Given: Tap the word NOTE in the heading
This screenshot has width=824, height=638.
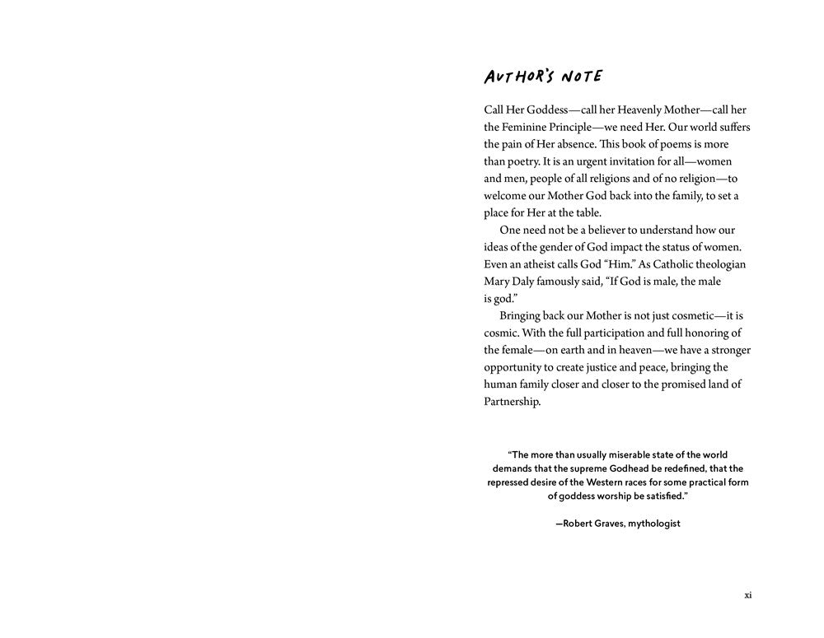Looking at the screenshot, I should pyautogui.click(x=582, y=77).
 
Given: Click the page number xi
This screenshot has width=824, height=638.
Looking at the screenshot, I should pyautogui.click(x=747, y=595).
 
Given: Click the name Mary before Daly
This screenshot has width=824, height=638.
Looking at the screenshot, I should pyautogui.click(x=498, y=282).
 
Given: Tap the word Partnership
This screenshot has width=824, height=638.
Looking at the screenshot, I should pyautogui.click(x=513, y=402).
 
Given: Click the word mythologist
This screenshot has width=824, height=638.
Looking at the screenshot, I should pyautogui.click(x=654, y=524).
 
